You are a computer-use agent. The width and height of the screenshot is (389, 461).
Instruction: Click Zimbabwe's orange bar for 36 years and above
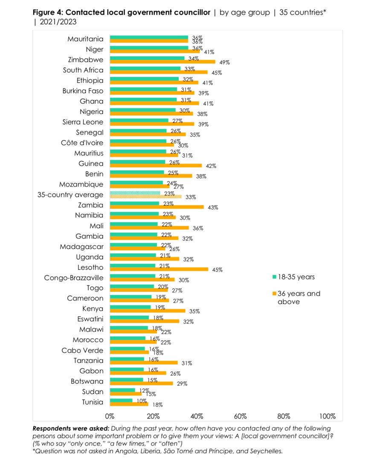[x=163, y=62]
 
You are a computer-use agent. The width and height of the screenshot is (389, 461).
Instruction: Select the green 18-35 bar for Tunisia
[x=121, y=400]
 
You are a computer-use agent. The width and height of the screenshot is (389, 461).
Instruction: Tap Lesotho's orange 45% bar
[x=159, y=269]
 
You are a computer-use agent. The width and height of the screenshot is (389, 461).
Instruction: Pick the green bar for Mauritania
[x=149, y=37]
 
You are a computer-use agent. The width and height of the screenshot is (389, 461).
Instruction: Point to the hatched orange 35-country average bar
[x=146, y=197]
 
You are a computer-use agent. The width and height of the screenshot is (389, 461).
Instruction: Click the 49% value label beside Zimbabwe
[x=225, y=62]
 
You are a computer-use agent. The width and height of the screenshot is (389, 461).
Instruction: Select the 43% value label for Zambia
[x=213, y=207]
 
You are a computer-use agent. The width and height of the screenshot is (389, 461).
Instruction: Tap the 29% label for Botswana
[x=182, y=384]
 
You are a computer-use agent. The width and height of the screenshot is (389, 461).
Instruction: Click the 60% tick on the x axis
[x=240, y=416]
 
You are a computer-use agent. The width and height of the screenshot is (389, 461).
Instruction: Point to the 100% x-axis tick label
[x=327, y=416]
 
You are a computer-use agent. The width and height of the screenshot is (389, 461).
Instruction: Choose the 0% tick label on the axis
[x=110, y=416]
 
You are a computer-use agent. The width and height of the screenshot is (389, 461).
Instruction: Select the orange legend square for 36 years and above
[x=275, y=294]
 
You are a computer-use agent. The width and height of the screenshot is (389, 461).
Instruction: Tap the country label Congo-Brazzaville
[x=74, y=277]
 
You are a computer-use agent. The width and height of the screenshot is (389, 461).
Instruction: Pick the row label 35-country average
[x=70, y=195]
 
